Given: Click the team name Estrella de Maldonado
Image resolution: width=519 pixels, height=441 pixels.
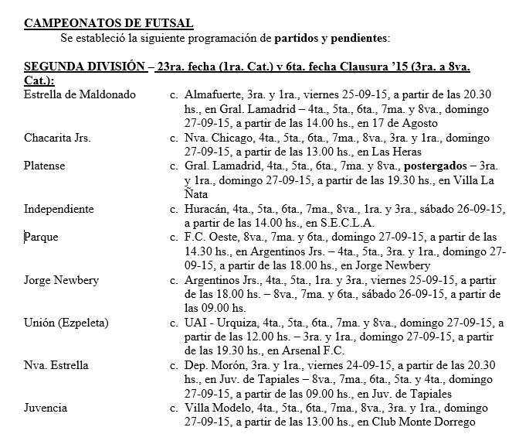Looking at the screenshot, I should [80, 95].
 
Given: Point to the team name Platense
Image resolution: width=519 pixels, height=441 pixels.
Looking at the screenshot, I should [45, 166].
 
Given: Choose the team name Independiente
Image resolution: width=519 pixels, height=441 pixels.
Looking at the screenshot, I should [59, 209].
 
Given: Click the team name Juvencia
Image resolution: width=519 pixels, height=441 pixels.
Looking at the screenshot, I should [46, 409].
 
